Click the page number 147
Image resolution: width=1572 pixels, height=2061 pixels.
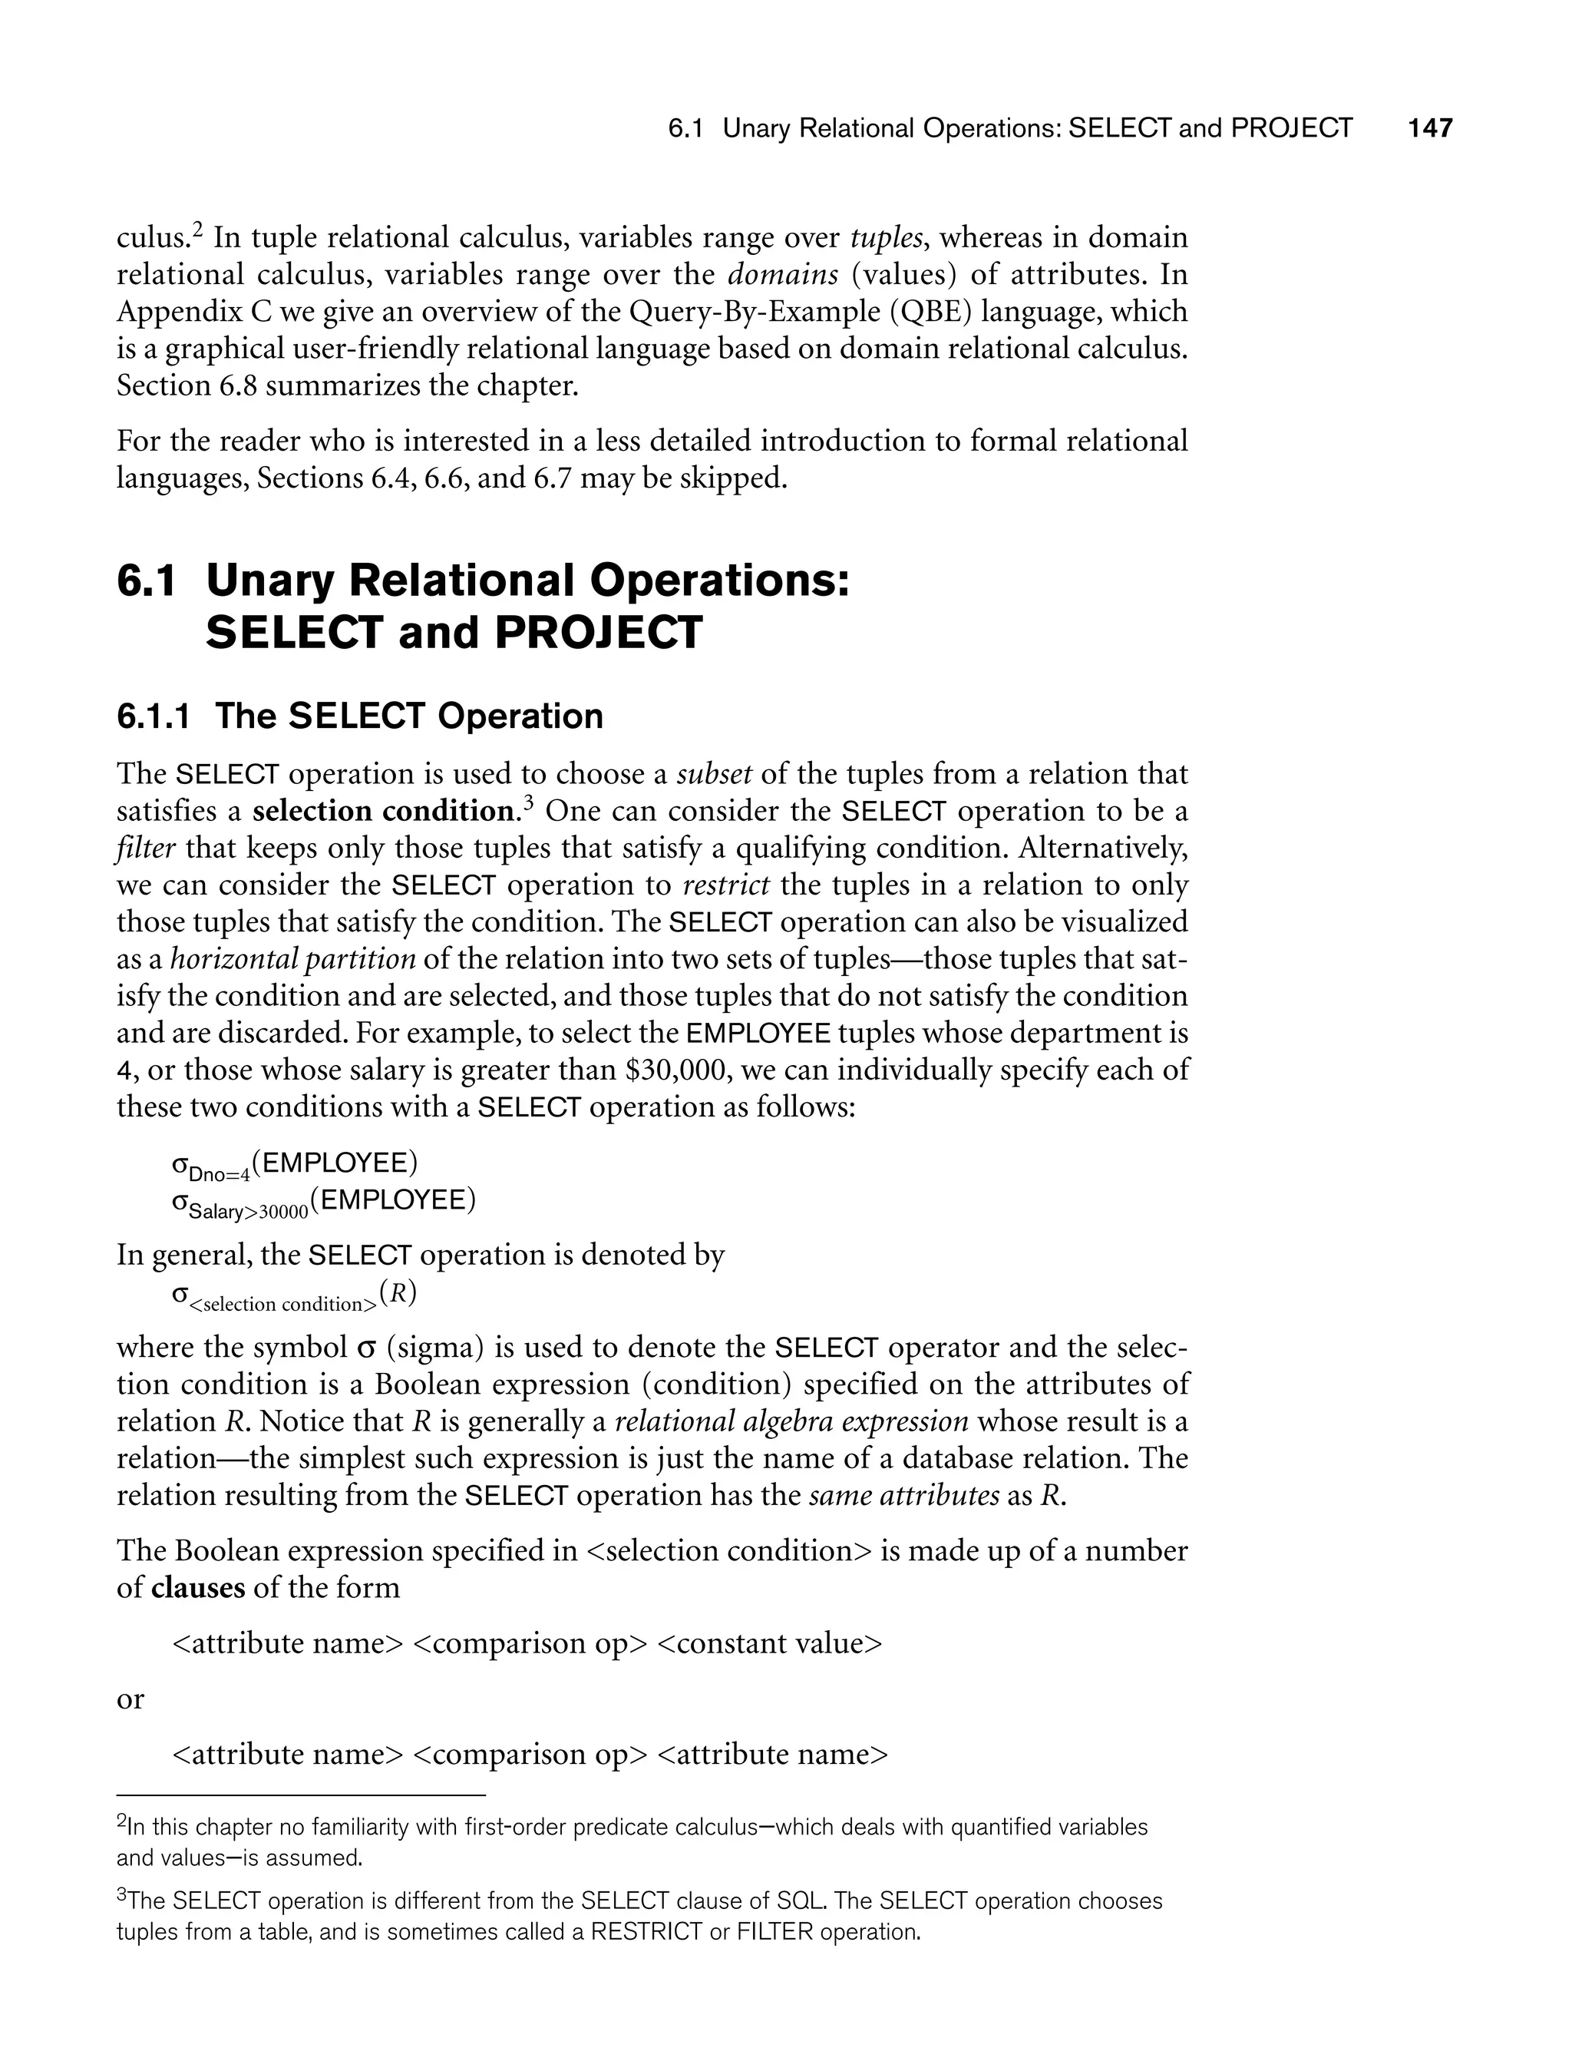1430,128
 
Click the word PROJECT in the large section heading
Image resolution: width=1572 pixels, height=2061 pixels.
598,633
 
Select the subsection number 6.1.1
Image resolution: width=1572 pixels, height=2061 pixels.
153,717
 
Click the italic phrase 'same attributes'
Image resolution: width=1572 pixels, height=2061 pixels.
904,1496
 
